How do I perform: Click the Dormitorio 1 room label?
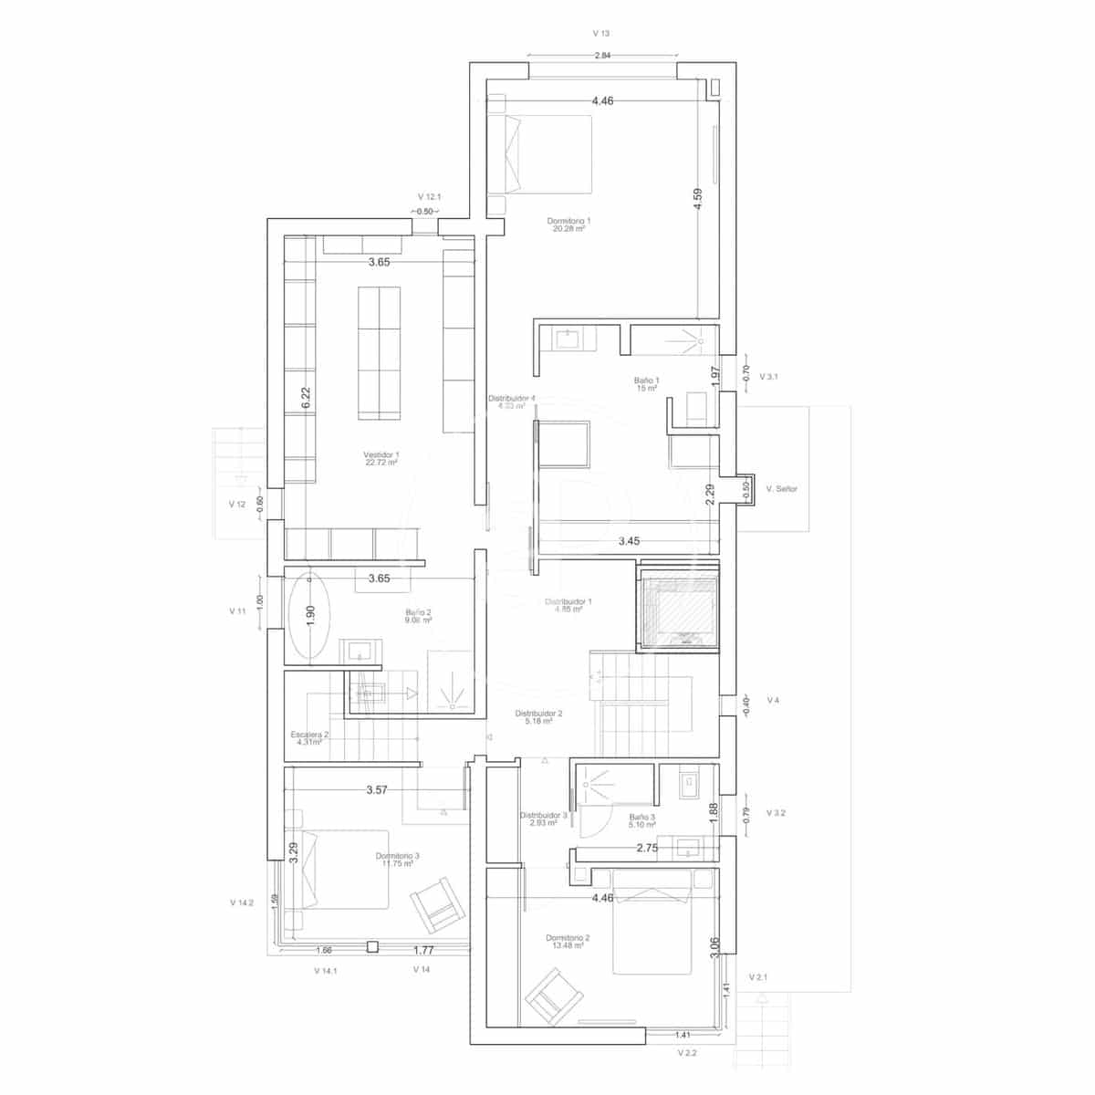coord(569,224)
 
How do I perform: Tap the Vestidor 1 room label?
coord(381,458)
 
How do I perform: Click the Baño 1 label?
coord(647,384)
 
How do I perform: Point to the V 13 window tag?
coord(600,34)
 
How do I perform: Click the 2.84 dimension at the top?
coord(602,57)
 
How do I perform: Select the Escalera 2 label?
coord(310,738)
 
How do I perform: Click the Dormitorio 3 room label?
coord(398,860)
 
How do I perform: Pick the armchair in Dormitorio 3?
coord(435,905)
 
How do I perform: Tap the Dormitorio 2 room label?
coord(568,942)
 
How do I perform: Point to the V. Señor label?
coord(781,489)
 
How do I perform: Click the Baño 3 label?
coord(642,820)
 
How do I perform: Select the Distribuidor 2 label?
coord(538,717)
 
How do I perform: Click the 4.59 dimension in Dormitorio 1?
coord(698,200)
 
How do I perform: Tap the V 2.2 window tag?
coord(687,1052)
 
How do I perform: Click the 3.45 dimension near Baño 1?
coord(629,542)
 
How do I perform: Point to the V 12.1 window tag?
coord(429,197)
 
